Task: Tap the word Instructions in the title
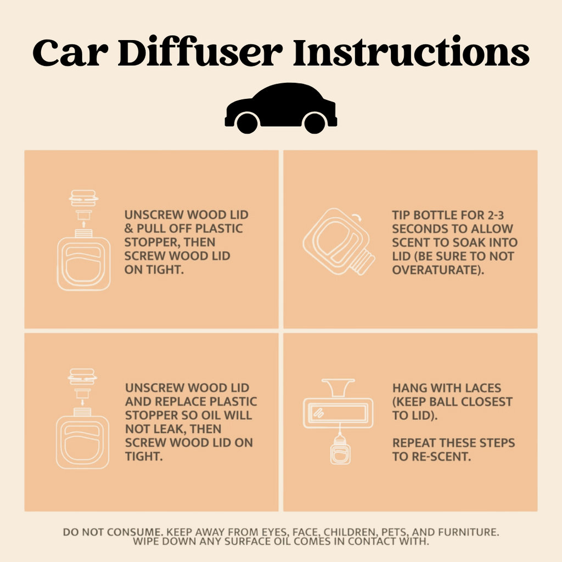pos(411,53)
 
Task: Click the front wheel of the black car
pos(314,123)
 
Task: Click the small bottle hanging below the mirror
pos(340,451)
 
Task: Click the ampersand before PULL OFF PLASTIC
pos(129,228)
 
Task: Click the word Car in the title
pos(67,53)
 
